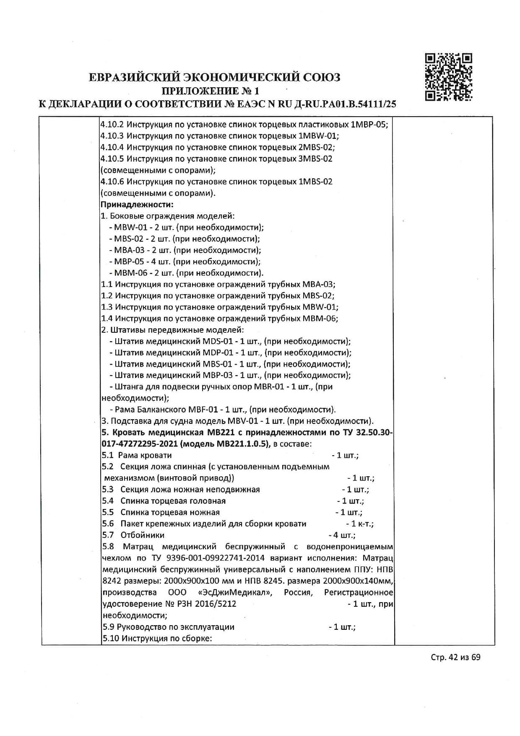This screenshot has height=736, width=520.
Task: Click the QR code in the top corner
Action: (449, 77)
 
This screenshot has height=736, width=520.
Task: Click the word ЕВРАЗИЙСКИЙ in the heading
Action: (133, 77)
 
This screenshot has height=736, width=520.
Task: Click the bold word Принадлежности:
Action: (137, 205)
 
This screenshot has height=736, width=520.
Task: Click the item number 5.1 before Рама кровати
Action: (108, 455)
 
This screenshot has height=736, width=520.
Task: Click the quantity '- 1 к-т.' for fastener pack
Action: (360, 524)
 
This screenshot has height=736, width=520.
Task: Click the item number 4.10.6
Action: (112, 182)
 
